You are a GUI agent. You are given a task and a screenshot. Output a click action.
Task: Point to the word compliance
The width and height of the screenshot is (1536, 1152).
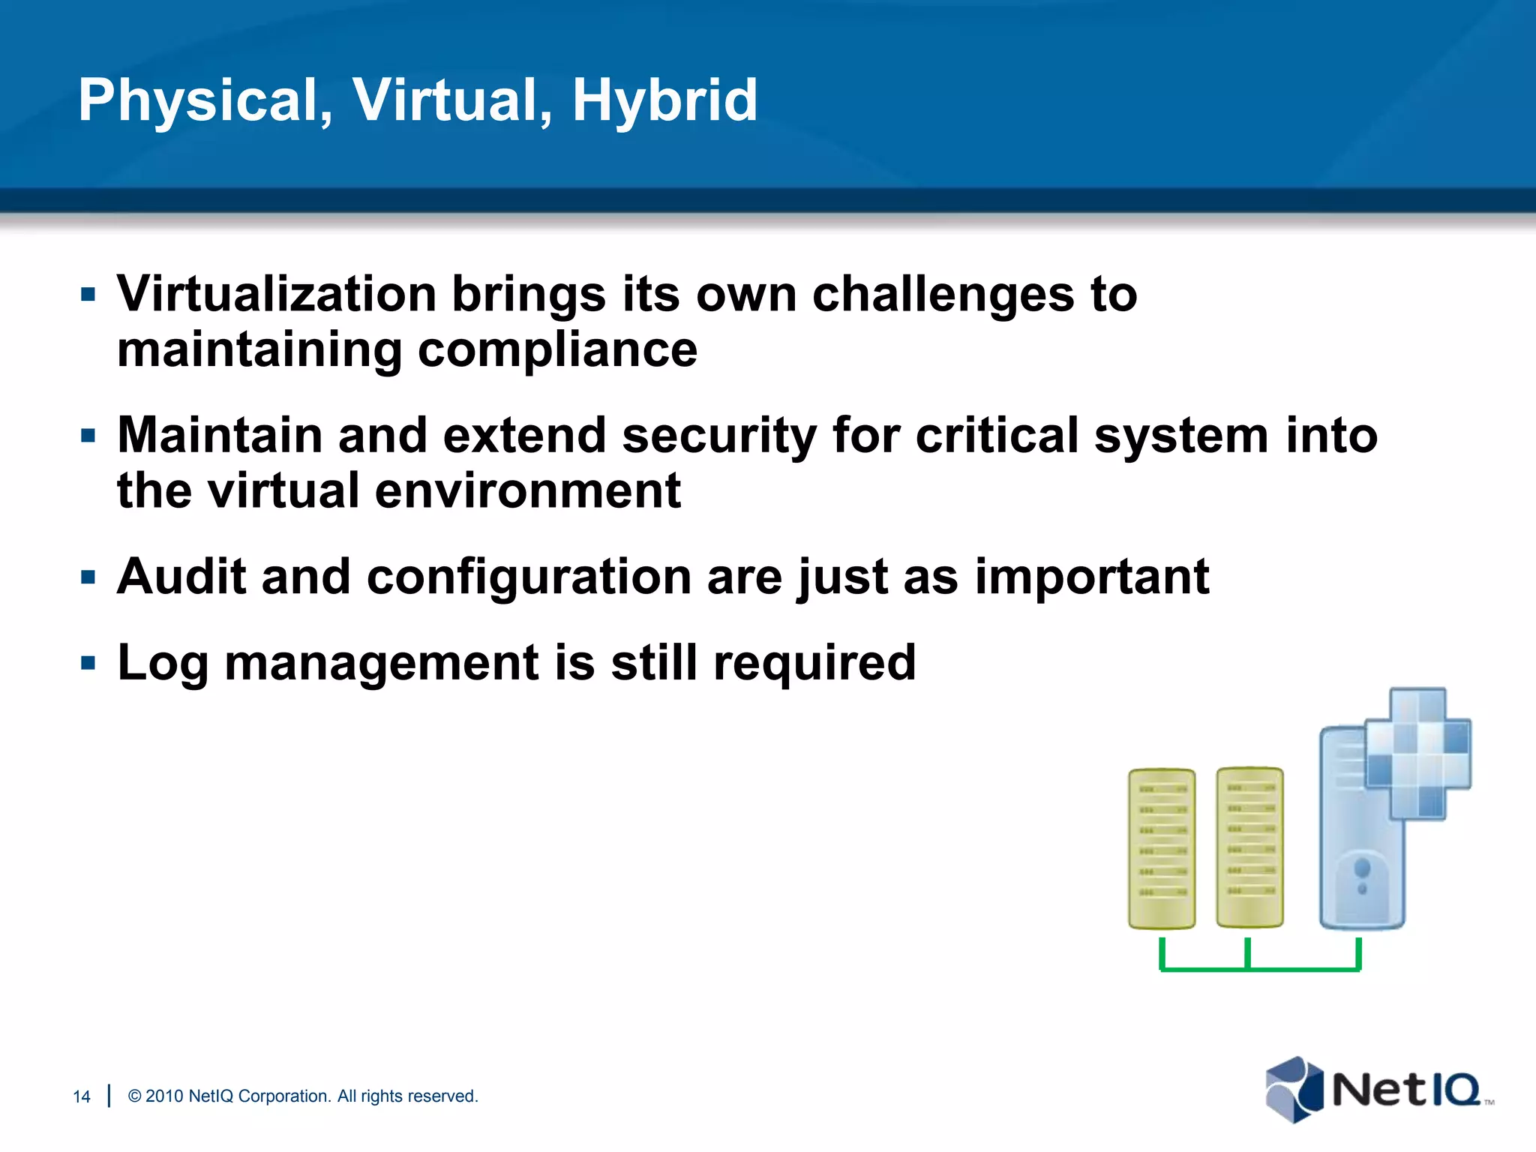coord(557,350)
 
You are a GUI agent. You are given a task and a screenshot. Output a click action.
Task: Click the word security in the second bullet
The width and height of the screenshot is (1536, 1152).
coord(718,436)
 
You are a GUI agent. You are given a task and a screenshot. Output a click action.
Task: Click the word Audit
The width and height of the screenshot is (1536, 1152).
coord(181,577)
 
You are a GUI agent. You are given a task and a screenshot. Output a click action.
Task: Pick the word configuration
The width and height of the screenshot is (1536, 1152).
coord(529,578)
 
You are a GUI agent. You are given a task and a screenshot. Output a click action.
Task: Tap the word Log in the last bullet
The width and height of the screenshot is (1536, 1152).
coord(162,664)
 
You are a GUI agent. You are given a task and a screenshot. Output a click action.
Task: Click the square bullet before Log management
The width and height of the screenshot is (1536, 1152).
coord(88,663)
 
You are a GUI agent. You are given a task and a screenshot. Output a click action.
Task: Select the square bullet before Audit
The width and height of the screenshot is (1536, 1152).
coord(88,577)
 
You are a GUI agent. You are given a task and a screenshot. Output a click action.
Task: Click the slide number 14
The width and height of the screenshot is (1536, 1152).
coord(81,1096)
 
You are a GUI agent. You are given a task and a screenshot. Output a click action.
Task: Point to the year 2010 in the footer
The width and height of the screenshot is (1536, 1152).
coord(164,1096)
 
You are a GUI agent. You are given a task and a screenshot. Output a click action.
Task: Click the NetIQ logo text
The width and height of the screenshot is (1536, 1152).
coord(1405,1090)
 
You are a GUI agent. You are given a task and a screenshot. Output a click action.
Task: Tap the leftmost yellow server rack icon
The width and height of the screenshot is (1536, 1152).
coord(1162,848)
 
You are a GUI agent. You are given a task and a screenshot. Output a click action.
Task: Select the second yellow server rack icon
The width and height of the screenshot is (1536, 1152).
coord(1249,847)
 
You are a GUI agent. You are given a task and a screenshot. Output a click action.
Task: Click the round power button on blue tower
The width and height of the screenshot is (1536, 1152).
coord(1362,869)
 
